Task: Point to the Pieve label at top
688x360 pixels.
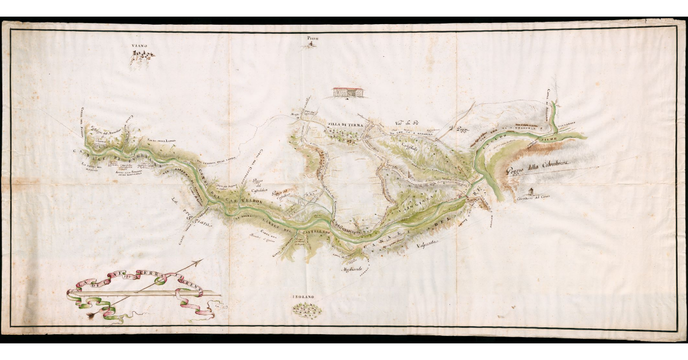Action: tap(312, 38)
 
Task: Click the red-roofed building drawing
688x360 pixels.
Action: tap(348, 92)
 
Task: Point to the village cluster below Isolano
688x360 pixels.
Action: tap(307, 310)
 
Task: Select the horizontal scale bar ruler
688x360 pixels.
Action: tap(143, 293)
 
